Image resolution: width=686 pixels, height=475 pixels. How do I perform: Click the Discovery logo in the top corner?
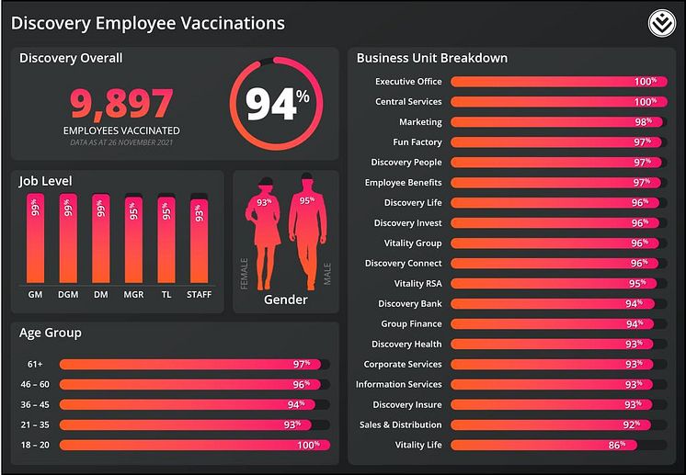pos(661,23)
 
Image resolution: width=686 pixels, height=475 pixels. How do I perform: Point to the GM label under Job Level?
pos(36,294)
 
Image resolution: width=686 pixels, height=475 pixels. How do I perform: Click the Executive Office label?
pos(408,82)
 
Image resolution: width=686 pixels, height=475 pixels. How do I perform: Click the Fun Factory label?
pos(417,142)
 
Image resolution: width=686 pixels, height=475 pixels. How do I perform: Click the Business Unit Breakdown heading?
pos(431,58)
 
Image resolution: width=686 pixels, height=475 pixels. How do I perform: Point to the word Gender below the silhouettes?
pos(285,300)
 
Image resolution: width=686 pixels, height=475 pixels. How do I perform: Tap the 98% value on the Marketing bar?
pos(643,122)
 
